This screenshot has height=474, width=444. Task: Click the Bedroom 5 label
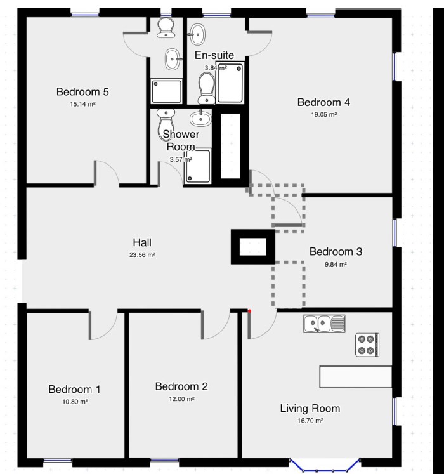click(x=82, y=91)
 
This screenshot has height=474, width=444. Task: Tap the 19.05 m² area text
click(x=323, y=115)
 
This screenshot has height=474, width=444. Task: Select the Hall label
click(x=142, y=242)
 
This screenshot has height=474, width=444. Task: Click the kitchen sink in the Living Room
click(x=324, y=324)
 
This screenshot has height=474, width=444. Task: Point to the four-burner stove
click(x=367, y=345)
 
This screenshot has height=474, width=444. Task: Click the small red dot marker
click(x=249, y=311)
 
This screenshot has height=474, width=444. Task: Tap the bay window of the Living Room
click(x=325, y=466)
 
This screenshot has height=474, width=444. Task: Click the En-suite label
click(x=214, y=55)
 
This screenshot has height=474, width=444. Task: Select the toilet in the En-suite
click(x=206, y=88)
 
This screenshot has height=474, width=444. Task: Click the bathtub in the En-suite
click(x=230, y=82)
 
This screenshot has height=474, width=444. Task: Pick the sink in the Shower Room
click(x=200, y=118)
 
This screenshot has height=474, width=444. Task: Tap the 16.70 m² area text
click(x=310, y=421)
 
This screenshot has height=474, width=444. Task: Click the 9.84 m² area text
click(x=336, y=264)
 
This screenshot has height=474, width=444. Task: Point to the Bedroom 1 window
click(x=58, y=461)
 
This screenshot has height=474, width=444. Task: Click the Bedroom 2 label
click(x=181, y=386)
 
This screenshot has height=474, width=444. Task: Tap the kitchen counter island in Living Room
click(x=356, y=376)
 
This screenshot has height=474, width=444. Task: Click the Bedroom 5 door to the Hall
click(x=107, y=173)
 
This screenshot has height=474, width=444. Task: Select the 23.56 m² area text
click(x=142, y=255)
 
